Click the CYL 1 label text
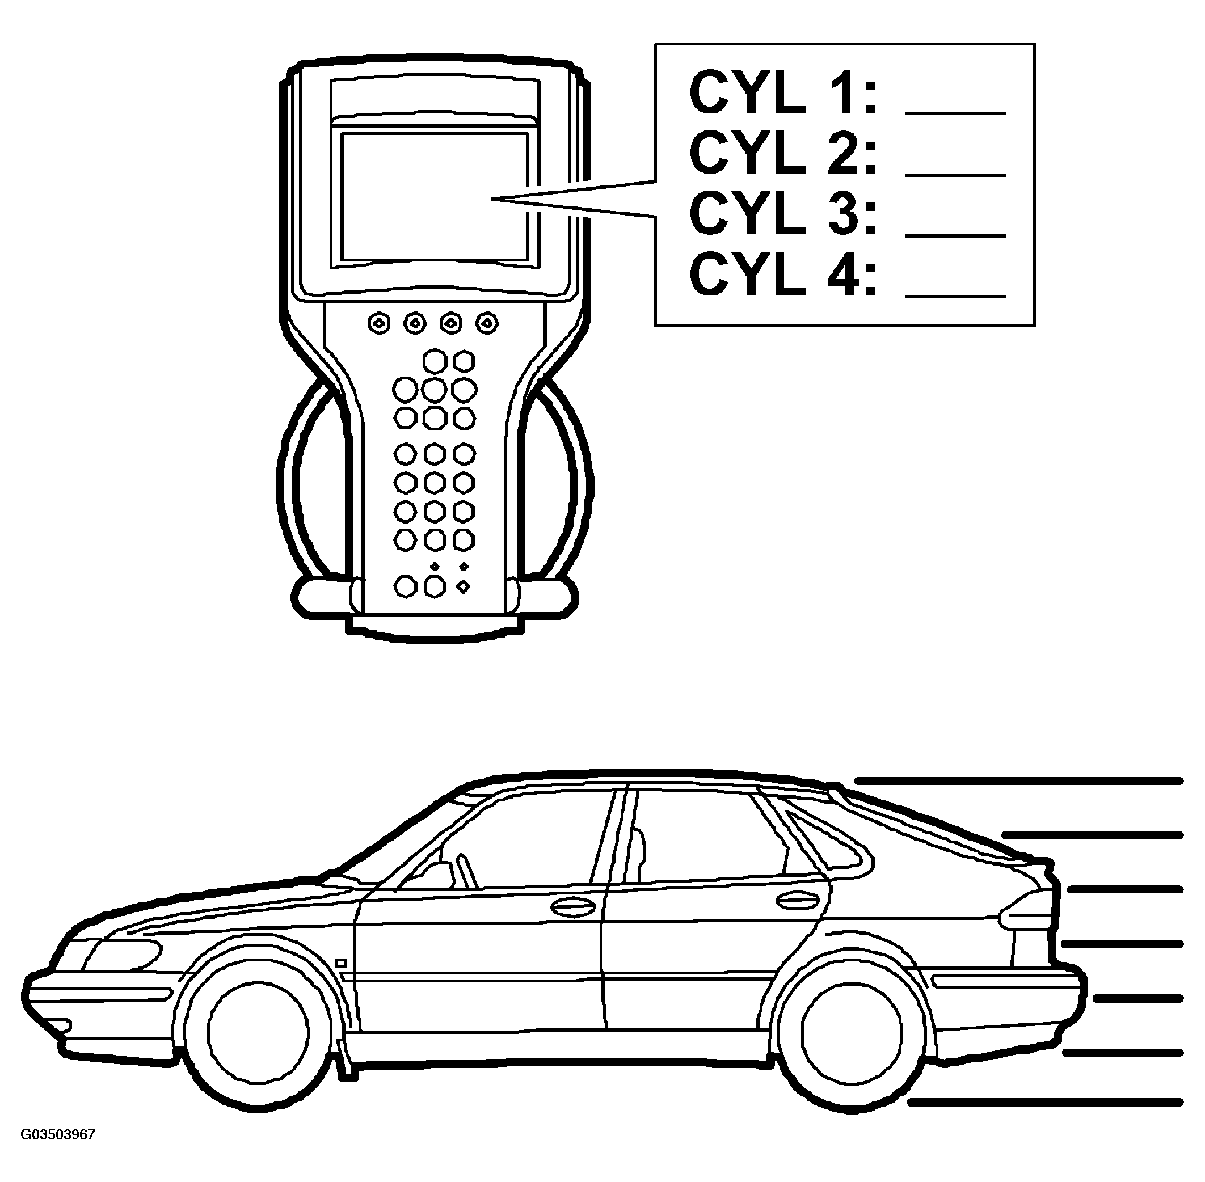782,93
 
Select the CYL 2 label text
782,154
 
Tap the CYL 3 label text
782,214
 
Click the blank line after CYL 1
955,113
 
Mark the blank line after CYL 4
955,297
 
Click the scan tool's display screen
435,196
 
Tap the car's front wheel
258,1032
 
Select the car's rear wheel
851,1032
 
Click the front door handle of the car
572,907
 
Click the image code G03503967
58,1135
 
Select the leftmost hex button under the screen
379,323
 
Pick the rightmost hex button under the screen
487,323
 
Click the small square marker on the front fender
340,963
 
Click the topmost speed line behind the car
1018,781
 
